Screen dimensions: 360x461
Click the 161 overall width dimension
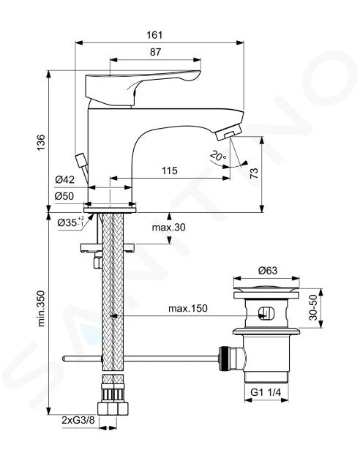tap(154, 34)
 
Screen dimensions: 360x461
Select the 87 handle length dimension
tap(155, 52)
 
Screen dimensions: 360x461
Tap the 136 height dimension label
tap(41, 142)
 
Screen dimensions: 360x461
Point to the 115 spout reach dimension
tap(170, 170)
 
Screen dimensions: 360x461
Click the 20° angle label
tap(218, 155)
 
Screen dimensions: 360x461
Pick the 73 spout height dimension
tap(254, 173)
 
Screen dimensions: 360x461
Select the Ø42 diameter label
tap(64, 179)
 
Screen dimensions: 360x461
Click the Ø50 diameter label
tap(64, 196)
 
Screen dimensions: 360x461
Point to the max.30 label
tap(169, 228)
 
